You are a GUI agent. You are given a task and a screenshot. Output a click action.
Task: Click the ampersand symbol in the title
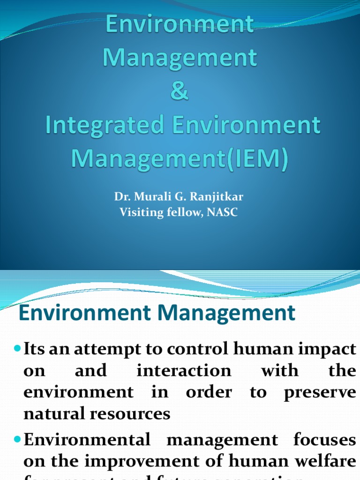180,91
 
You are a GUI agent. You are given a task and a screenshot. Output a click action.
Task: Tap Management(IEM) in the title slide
180,158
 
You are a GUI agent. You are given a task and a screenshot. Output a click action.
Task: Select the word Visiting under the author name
140,212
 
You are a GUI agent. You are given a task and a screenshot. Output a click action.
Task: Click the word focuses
324,440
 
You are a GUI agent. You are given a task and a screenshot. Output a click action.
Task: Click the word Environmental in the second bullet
87,440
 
